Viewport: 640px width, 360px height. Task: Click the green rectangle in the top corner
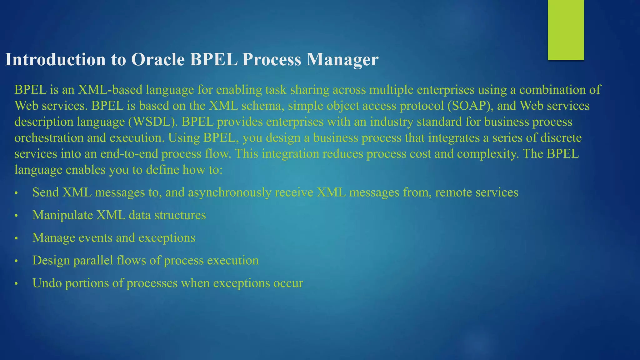[566, 30]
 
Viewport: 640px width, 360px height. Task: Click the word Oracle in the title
[158, 59]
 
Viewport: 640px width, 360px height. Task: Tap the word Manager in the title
[342, 59]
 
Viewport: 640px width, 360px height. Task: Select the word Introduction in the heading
[55, 59]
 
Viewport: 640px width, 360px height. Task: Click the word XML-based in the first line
[110, 90]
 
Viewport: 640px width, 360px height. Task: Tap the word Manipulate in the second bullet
[62, 215]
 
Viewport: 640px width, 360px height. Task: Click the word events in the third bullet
[95, 238]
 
